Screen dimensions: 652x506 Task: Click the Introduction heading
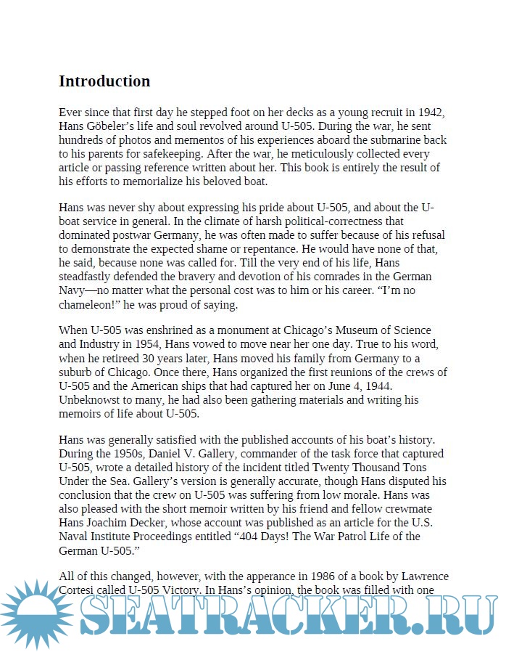[x=104, y=81]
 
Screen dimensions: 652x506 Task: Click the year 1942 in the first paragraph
[x=430, y=113]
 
